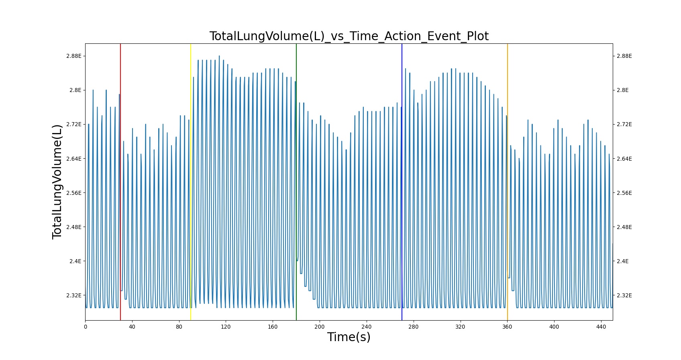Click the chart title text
point(349,36)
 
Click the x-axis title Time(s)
point(349,337)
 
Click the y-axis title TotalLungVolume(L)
point(57,182)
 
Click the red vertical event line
point(120,182)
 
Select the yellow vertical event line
point(191,182)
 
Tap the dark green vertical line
point(296,182)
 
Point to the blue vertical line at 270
point(402,182)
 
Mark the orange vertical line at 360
point(507,182)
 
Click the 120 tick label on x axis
point(226,327)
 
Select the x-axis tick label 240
point(366,327)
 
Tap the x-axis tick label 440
point(601,327)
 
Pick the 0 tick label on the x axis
point(86,327)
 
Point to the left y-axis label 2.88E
point(74,56)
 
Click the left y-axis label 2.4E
point(75,261)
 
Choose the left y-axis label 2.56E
point(74,193)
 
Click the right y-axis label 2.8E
point(623,90)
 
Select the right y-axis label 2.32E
point(624,295)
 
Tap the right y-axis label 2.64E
point(624,159)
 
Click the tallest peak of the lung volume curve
point(219,56)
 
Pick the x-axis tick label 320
point(460,327)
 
